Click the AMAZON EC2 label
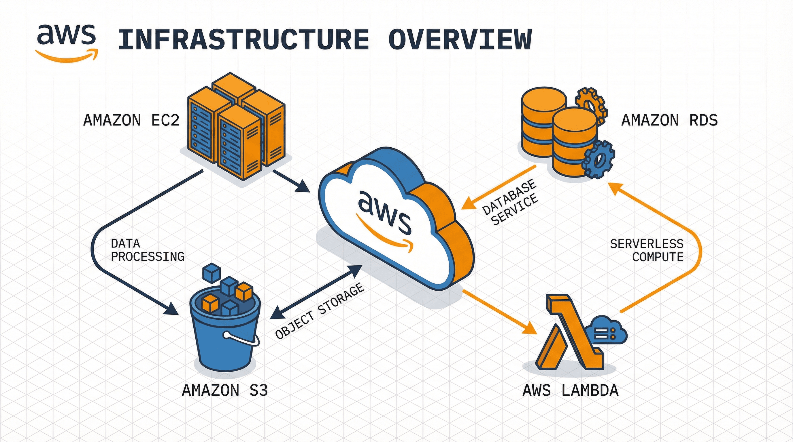pos(131,120)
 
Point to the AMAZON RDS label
pos(670,120)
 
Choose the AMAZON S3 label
pos(225,390)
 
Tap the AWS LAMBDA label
pos(571,390)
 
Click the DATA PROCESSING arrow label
pos(147,250)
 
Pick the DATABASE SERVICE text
pos(510,203)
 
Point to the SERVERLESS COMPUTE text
pos(646,250)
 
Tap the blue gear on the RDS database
pos(599,159)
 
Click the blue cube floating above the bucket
pos(212,272)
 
